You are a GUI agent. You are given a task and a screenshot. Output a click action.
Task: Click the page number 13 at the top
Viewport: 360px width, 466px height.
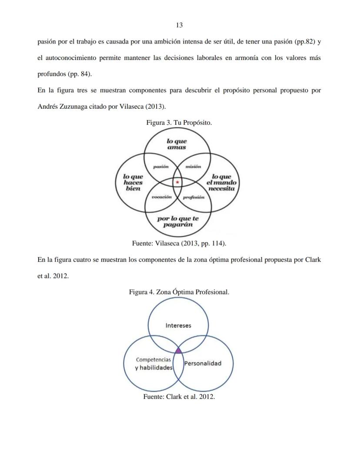[x=179, y=25]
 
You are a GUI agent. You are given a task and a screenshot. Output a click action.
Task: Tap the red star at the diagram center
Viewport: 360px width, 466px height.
[x=177, y=182]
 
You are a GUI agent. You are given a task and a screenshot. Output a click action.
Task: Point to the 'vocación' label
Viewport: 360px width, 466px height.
[x=161, y=197]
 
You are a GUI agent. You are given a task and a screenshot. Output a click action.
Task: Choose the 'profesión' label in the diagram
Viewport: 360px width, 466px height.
[x=193, y=197]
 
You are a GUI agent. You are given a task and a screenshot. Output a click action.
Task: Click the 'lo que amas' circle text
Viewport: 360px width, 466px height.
[x=177, y=144]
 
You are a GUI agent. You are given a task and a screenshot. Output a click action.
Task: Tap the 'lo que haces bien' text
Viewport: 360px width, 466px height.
[x=133, y=182]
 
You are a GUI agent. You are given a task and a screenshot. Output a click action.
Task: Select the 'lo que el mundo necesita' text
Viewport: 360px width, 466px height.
[x=221, y=182]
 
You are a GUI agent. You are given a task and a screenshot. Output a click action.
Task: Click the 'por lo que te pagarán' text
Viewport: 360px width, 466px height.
[x=178, y=221]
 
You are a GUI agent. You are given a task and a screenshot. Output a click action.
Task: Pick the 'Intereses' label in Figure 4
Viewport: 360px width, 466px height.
[x=178, y=325]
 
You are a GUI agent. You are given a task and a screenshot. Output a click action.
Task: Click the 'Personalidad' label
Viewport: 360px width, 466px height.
[x=203, y=363]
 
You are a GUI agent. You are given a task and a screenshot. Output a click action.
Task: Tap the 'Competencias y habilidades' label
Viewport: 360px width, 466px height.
[x=153, y=364]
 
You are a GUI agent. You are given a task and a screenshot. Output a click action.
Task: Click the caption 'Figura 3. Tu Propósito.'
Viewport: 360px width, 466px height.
[x=179, y=123]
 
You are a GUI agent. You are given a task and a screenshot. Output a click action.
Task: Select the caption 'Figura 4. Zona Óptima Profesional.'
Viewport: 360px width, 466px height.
[x=179, y=292]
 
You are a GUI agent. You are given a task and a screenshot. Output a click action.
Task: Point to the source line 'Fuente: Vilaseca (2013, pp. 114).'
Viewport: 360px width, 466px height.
[x=179, y=243]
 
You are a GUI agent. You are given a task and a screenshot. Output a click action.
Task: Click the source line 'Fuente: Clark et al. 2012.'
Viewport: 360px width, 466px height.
[x=179, y=397]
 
